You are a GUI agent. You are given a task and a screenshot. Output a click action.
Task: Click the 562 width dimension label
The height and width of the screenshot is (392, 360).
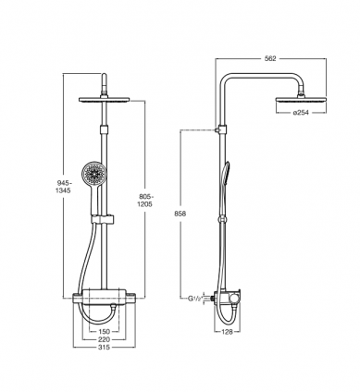(270, 58)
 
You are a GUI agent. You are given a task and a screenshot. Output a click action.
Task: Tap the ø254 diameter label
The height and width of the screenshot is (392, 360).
(301, 113)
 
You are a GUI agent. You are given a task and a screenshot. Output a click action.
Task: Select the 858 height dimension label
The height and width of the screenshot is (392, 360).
(180, 214)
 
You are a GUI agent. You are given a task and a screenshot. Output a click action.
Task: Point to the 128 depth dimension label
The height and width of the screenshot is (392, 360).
(228, 332)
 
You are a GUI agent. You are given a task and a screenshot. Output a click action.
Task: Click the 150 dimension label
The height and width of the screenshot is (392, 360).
(104, 332)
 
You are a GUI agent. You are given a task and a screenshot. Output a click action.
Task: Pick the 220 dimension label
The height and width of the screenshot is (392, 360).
(104, 339)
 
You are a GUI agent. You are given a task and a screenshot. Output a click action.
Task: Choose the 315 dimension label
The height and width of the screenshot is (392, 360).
(104, 348)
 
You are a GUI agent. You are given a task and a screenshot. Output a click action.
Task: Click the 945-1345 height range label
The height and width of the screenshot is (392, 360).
(63, 187)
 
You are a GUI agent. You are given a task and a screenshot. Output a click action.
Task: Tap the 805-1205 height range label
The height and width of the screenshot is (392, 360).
(145, 201)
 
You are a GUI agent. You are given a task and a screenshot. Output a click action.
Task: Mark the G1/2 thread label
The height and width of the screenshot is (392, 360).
(195, 299)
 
